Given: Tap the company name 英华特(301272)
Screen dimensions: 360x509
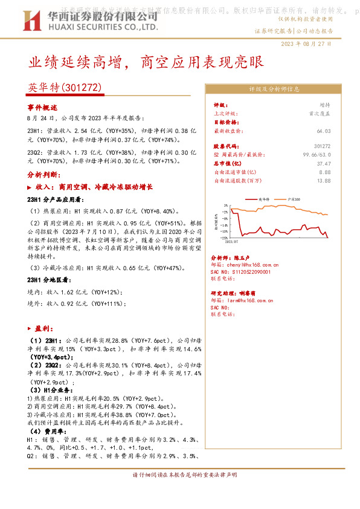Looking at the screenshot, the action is pyautogui.click(x=65, y=88).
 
